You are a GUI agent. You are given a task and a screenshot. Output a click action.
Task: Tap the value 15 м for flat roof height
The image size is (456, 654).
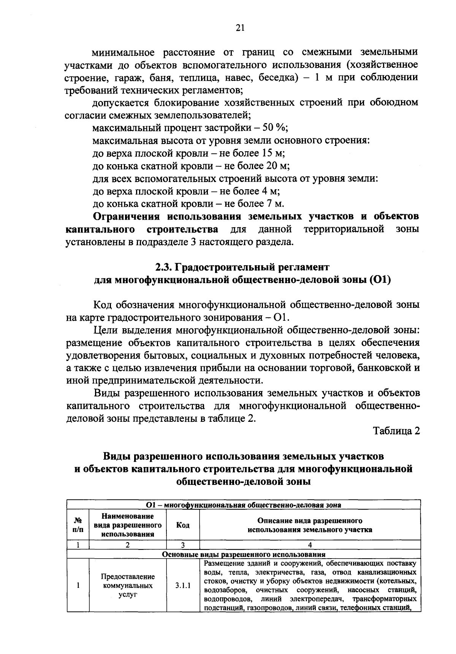[272, 153]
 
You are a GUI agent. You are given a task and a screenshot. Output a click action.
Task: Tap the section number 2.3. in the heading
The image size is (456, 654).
[164, 267]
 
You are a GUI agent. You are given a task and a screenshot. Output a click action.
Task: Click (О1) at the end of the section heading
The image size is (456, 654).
[380, 280]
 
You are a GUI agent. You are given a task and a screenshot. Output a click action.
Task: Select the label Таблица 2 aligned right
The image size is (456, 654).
[397, 431]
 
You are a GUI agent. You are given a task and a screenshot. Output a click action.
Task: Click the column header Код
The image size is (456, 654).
[183, 525]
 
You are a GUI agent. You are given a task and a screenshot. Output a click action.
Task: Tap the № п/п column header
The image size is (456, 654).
[78, 525]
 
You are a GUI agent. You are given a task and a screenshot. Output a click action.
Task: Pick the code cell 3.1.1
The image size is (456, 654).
[183, 586]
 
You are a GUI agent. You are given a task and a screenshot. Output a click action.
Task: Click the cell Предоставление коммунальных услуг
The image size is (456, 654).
[128, 586]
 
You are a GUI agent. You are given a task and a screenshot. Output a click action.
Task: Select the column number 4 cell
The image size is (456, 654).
[310, 545]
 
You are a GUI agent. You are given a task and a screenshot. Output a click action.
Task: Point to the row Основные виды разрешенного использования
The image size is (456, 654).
[244, 554]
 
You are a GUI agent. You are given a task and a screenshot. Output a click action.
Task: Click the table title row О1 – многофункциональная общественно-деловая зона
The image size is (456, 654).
[244, 505]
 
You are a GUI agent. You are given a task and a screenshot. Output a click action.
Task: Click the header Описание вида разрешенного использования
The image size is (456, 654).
[310, 525]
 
